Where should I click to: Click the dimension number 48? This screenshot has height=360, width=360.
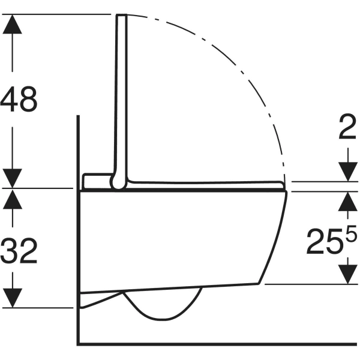[x=19, y=100]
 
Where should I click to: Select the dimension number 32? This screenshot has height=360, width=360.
[x=19, y=251]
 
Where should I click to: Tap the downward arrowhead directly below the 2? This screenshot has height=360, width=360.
[x=347, y=170]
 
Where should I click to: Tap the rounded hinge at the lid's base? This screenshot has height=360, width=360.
[x=118, y=182]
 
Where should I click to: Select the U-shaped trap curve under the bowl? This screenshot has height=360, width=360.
[x=162, y=309]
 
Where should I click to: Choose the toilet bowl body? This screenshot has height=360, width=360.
[x=180, y=240]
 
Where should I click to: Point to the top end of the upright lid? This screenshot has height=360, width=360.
[x=122, y=16]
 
